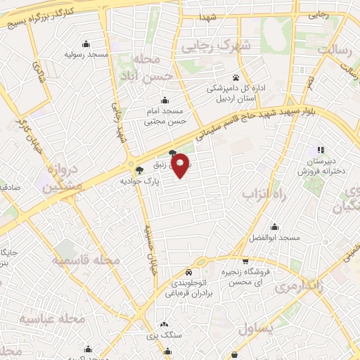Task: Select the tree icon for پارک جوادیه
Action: click(x=139, y=169)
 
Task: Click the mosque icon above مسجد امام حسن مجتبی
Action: click(x=165, y=100)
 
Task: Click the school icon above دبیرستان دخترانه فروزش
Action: click(x=321, y=150)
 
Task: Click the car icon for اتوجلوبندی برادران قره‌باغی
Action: click(x=188, y=272)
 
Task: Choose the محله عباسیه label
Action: click(x=52, y=319)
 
